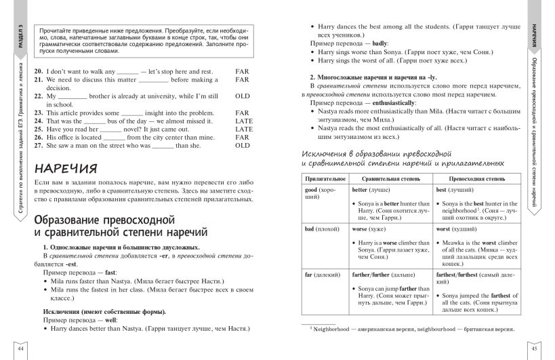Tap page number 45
point(534,349)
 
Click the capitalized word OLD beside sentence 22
point(242,96)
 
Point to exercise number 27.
point(38,145)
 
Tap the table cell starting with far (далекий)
point(321,275)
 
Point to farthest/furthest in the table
point(459,275)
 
